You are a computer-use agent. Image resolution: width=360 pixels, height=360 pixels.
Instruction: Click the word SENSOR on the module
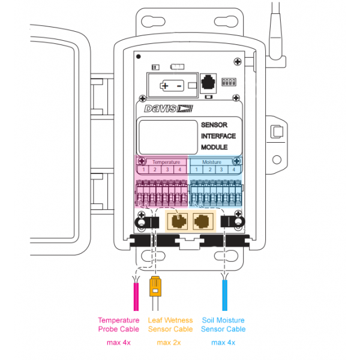(x=215, y=125)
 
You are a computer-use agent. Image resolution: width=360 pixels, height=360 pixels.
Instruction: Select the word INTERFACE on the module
(x=218, y=136)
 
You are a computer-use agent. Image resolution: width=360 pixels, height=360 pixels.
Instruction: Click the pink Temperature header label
(x=166, y=162)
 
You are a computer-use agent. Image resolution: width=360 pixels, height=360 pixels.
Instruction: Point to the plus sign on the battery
(x=165, y=86)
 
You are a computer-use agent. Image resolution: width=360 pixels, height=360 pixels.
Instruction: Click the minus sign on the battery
(x=179, y=86)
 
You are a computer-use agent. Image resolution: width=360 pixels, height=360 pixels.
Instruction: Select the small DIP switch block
(x=228, y=80)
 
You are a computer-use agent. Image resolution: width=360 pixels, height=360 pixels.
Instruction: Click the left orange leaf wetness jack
(x=178, y=221)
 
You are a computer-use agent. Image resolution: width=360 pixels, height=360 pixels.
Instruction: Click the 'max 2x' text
(x=170, y=343)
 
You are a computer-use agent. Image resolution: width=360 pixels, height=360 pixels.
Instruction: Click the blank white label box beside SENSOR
(x=169, y=136)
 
